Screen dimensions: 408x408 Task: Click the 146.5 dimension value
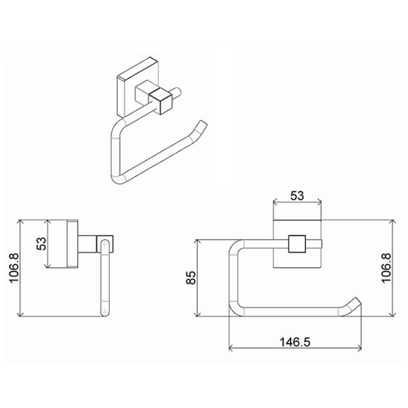click(295, 342)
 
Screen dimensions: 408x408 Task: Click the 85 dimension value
click(191, 278)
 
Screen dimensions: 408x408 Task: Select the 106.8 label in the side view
click(14, 268)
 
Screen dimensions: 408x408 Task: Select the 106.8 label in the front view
click(386, 268)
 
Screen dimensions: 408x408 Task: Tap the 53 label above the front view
click(297, 196)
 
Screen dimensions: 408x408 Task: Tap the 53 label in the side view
click(41, 244)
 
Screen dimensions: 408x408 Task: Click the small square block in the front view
click(297, 244)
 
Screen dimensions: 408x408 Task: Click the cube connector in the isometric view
click(161, 101)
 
